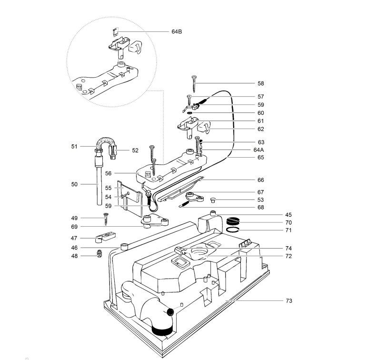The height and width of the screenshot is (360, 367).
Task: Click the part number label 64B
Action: click(177, 31)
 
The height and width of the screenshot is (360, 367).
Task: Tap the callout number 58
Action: click(260, 83)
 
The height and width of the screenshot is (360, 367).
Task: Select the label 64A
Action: click(258, 150)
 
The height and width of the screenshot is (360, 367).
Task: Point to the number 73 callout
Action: click(289, 301)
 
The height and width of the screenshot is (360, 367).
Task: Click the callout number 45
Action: click(288, 215)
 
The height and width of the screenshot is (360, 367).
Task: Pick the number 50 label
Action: click(74, 184)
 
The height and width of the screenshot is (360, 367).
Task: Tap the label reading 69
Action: click(74, 227)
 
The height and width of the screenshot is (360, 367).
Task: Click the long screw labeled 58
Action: click(194, 84)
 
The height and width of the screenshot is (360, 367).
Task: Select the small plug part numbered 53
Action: click(213, 200)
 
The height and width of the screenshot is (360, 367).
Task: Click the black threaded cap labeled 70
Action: click(233, 221)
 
